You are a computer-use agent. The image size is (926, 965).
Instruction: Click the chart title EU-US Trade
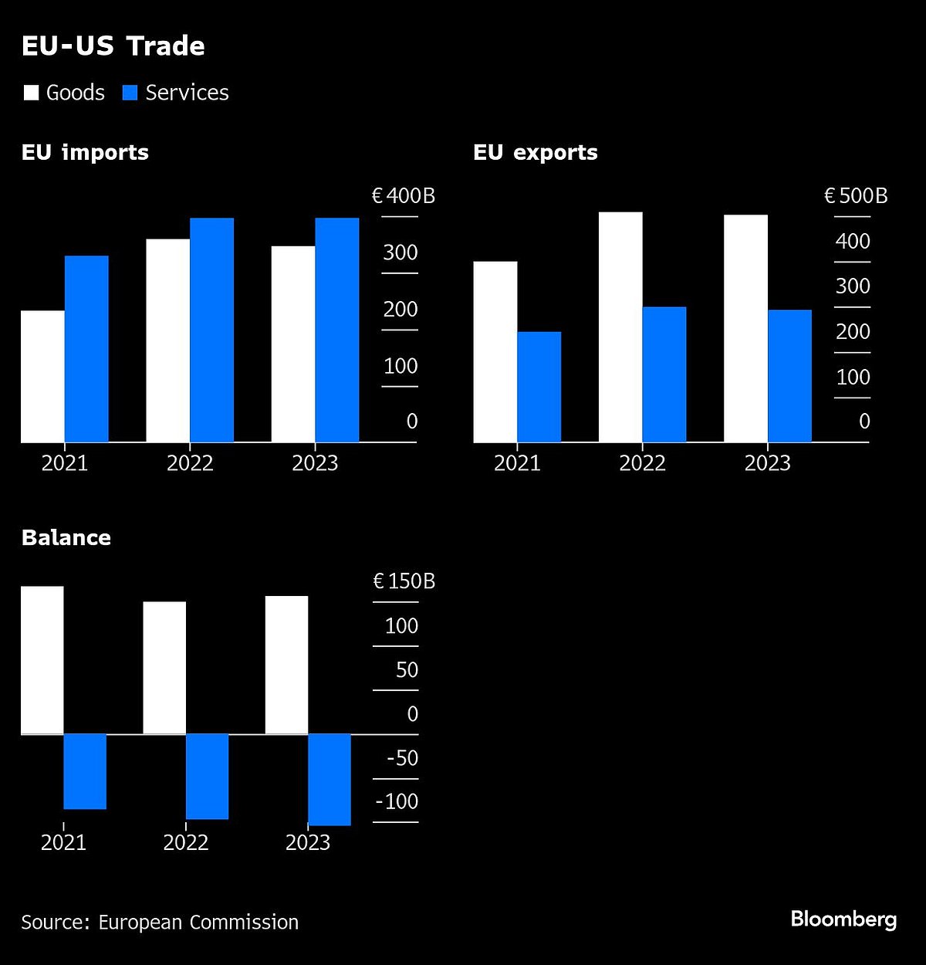click(x=113, y=46)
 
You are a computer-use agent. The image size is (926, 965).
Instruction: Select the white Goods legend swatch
click(x=31, y=93)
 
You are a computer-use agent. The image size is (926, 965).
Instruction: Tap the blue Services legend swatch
click(x=130, y=93)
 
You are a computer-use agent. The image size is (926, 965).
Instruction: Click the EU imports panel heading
click(x=85, y=152)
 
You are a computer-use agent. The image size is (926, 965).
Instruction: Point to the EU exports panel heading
click(x=535, y=152)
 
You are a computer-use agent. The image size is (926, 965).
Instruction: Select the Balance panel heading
click(x=66, y=537)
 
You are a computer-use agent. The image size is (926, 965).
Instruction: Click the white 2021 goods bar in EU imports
click(x=42, y=376)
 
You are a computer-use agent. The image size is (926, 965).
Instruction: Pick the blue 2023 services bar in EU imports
click(x=336, y=330)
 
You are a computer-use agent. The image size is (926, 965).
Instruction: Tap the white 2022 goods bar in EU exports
click(x=620, y=327)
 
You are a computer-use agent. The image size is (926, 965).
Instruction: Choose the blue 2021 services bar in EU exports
click(x=539, y=387)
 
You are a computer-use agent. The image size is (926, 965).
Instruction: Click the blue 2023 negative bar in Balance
click(x=330, y=779)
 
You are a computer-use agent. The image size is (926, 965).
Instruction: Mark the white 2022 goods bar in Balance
click(x=164, y=667)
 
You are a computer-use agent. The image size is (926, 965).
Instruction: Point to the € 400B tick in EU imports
click(x=404, y=196)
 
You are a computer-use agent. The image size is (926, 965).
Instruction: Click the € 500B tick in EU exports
click(x=856, y=196)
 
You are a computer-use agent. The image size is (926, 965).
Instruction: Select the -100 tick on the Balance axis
click(x=397, y=801)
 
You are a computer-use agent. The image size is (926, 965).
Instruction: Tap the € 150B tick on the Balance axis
click(x=404, y=581)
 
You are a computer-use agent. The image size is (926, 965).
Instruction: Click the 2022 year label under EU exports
click(x=642, y=463)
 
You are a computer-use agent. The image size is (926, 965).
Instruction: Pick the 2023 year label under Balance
click(x=307, y=842)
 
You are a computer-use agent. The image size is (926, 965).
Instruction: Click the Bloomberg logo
click(x=843, y=919)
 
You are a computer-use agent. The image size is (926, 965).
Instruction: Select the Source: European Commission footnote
click(x=160, y=923)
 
